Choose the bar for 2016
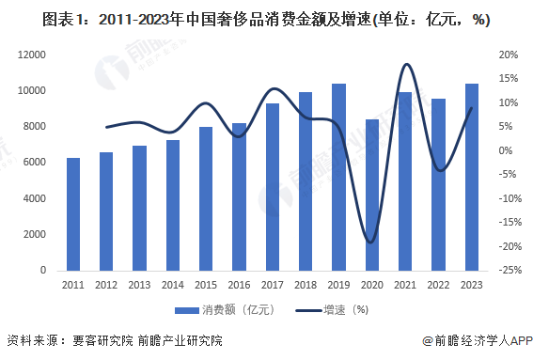click(239, 196)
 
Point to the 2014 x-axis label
click(172, 285)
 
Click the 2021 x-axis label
click(404, 285)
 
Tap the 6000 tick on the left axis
click(36, 163)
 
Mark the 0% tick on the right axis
click(507, 150)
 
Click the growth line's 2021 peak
click(406, 64)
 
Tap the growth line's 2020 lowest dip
click(371, 242)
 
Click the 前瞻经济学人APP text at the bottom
click(481, 340)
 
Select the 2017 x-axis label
click(272, 285)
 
